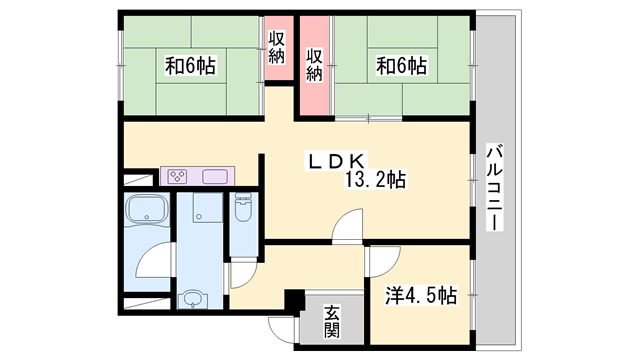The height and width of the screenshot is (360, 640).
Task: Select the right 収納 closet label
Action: [314, 62]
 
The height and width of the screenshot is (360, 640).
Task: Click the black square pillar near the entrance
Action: [293, 299]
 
